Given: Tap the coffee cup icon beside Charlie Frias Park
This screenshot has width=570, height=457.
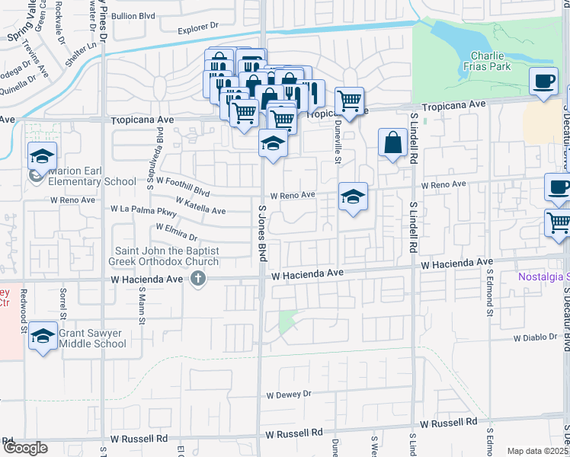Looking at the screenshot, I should tap(543, 81).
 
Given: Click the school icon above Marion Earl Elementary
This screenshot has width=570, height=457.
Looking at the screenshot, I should tap(43, 156).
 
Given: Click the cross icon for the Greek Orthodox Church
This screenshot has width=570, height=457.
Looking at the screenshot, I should tap(198, 279).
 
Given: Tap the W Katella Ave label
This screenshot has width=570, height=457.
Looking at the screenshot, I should tap(200, 206).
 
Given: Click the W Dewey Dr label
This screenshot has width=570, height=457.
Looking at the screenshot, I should tap(290, 395).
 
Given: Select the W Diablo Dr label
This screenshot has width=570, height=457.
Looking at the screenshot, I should tap(536, 337).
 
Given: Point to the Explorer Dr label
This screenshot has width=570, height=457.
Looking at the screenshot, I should tap(198, 28).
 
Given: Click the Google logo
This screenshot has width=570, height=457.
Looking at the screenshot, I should tap(24, 448).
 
